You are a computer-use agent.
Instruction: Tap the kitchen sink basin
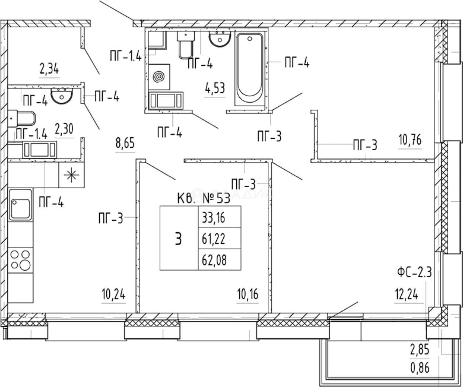tap(20, 205)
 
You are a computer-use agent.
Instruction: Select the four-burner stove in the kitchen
tap(20, 260)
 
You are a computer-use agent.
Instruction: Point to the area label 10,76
tap(410, 140)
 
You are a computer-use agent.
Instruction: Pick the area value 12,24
tap(407, 295)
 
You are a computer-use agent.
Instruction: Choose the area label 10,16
tap(248, 295)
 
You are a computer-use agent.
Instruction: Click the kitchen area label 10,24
tap(113, 294)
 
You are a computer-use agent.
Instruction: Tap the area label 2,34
tap(49, 69)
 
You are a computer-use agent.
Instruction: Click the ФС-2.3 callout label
tap(414, 273)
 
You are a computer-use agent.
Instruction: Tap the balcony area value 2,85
tap(419, 350)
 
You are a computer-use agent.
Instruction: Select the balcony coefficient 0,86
tap(420, 368)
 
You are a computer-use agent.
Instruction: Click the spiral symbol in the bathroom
tap(159, 77)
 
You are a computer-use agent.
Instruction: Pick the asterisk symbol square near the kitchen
tap(71, 175)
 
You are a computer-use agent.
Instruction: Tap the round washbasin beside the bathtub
tap(220, 38)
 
